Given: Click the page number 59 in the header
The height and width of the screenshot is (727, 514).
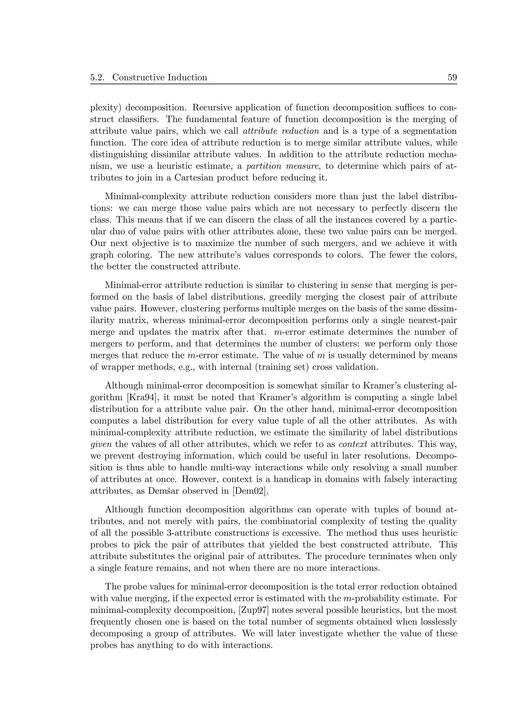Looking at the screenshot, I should click(452, 77).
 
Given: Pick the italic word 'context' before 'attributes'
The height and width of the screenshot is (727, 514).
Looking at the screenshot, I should click(353, 444).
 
